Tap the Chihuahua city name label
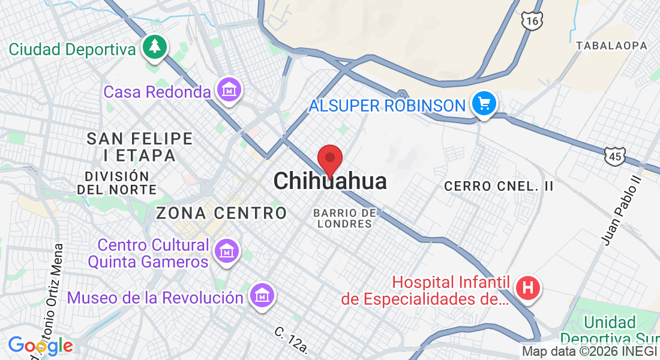pos(330,181)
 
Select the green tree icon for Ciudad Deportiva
pos(155,47)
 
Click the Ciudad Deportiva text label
pos(73,49)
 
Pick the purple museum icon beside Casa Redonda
pos(229,90)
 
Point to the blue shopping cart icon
pos(484,104)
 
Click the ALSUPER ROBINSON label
pos(387,106)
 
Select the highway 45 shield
pos(615,156)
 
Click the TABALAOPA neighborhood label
pos(611,46)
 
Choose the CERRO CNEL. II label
pos(499,187)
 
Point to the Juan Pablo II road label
pos(621,210)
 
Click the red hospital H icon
pos(528,288)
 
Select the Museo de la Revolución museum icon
pos(262,295)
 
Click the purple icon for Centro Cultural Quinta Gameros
pos(227,250)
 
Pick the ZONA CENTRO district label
pos(221,213)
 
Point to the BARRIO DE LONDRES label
pos(345,218)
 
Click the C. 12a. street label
pos(291,340)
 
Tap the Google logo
pos(40,346)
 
